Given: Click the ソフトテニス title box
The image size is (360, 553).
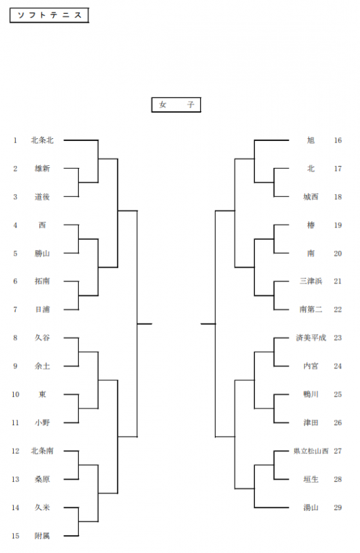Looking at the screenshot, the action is coord(49,15).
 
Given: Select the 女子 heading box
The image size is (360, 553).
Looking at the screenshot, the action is coord(176,105).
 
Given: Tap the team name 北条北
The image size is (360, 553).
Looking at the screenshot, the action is coord(42,140).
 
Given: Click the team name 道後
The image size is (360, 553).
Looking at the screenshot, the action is coord(42,197).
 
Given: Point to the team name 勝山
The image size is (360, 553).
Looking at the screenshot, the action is coord(42,253).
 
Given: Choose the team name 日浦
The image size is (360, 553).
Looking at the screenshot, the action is coord(42,309).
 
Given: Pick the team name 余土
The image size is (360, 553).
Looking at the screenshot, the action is coord(42,366).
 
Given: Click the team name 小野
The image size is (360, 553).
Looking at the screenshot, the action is coord(42,422).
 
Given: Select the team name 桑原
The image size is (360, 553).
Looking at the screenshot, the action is coord(42,479).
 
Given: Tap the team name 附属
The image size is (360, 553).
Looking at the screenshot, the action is coord(42,536).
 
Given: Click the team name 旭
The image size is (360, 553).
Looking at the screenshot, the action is coord(311,140).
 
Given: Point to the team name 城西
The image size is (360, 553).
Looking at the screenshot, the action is coord(311,197).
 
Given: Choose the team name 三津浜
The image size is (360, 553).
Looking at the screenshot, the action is coord(311,281).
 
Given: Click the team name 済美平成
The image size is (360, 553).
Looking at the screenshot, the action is coord(311,338).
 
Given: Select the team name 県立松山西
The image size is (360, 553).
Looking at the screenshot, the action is coord(311,451).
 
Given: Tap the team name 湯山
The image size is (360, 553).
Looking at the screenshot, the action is coord(311,507).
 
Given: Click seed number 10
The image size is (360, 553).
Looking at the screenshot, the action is coord(15,394).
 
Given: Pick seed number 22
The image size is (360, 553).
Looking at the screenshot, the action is coord(338,309).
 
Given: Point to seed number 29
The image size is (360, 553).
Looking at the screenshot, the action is coord(338,507).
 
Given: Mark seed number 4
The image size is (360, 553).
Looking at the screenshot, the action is coord(15,225).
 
